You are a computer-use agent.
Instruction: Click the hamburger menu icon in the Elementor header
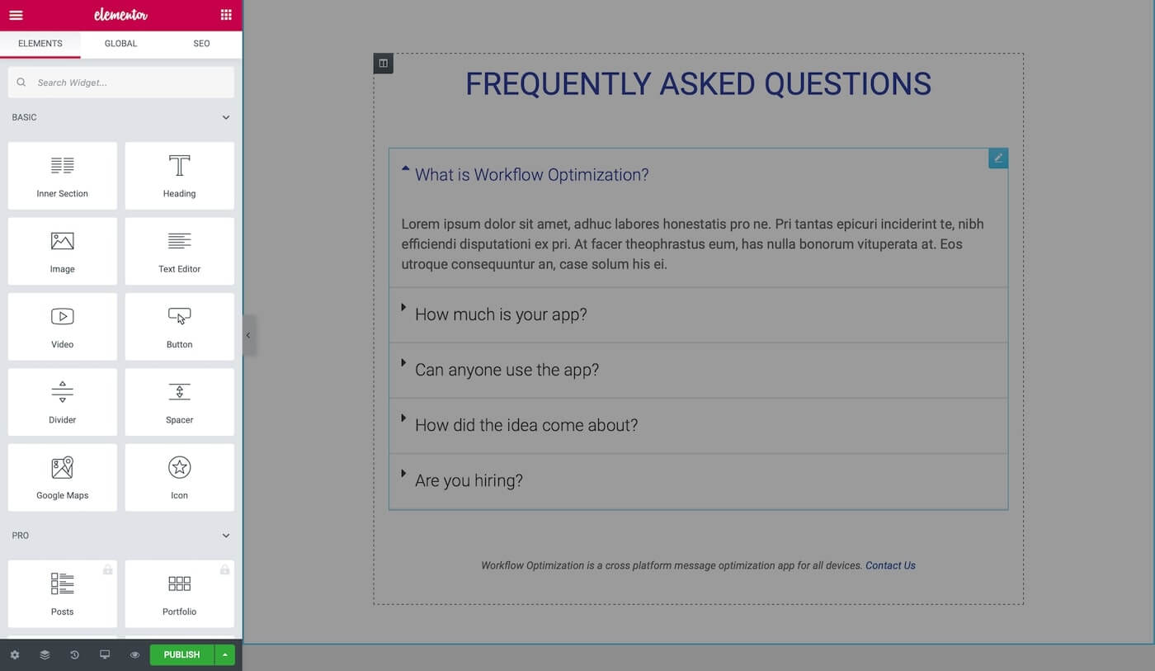(x=16, y=15)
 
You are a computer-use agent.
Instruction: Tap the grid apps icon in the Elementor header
(x=226, y=14)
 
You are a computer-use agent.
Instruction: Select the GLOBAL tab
(x=120, y=44)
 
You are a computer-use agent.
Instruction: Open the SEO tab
(x=201, y=44)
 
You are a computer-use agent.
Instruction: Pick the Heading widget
(x=180, y=176)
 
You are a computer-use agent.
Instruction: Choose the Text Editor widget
(x=180, y=251)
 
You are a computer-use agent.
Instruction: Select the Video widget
(x=63, y=327)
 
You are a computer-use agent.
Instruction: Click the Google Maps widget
(x=63, y=478)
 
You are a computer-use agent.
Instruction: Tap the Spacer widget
(x=180, y=402)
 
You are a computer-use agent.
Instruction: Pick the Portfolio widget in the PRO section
(x=180, y=593)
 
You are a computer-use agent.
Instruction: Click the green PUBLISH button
(x=182, y=654)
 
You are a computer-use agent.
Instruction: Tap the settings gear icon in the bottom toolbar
(x=15, y=654)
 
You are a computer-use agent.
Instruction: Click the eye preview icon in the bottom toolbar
(x=134, y=654)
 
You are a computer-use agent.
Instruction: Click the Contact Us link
(x=890, y=565)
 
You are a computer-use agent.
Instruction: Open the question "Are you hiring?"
(x=469, y=480)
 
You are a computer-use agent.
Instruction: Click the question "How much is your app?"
(x=501, y=314)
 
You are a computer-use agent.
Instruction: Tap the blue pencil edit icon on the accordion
(x=998, y=158)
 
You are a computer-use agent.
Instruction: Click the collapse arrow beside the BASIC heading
(x=226, y=117)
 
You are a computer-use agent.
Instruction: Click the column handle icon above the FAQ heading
(x=383, y=64)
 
